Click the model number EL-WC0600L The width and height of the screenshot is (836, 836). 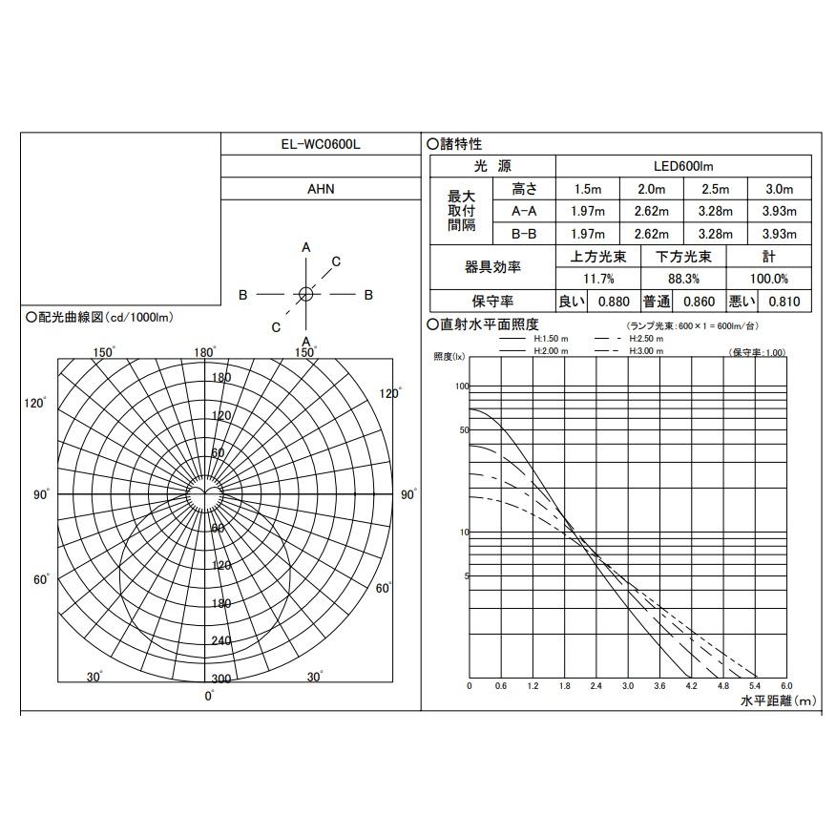(x=320, y=144)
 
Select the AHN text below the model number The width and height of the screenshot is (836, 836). (x=320, y=189)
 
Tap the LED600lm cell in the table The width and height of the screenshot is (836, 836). (x=682, y=166)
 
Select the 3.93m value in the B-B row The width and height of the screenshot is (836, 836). (x=780, y=234)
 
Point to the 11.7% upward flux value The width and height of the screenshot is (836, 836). (x=598, y=279)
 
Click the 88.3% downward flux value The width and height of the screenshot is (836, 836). (x=683, y=279)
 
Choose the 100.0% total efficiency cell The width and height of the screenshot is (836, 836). (x=768, y=279)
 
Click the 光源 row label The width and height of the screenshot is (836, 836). (x=492, y=166)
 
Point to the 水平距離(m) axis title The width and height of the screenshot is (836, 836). (x=779, y=701)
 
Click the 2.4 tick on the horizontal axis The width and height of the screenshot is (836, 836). (x=596, y=686)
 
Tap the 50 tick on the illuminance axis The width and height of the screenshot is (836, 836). (x=463, y=430)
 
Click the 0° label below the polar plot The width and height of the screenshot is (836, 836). (x=210, y=696)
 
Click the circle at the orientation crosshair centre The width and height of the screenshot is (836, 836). (x=305, y=295)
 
